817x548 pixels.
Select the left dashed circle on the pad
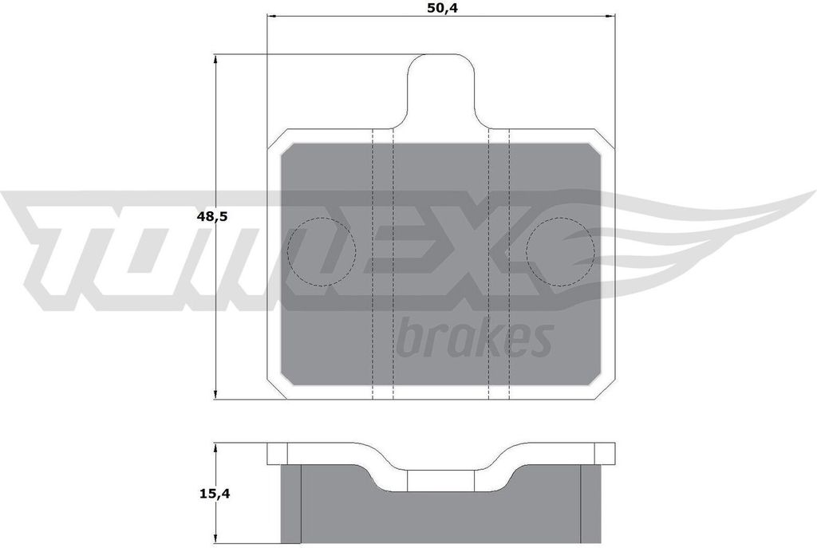(x=320, y=251)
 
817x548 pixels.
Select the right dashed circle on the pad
(x=561, y=251)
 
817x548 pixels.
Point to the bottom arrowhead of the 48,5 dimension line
(x=216, y=395)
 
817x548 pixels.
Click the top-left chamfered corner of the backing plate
(x=276, y=140)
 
